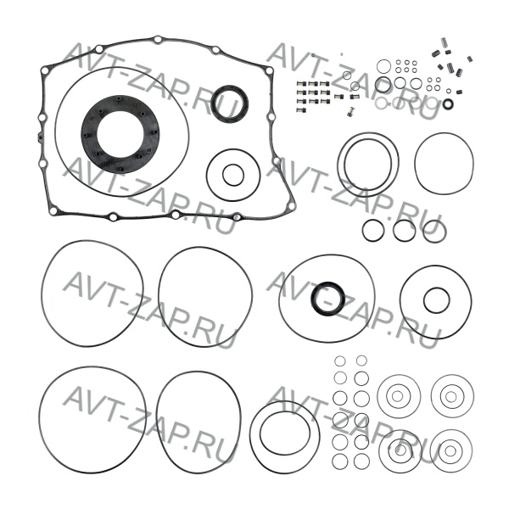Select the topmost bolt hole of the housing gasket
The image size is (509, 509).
click(x=158, y=40)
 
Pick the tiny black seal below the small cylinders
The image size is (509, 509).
click(x=449, y=103)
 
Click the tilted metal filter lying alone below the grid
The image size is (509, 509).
click(x=350, y=112)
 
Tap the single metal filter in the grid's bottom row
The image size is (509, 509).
click(x=302, y=109)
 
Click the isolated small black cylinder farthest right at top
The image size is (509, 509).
click(x=469, y=59)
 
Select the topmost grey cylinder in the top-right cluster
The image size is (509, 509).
click(x=445, y=42)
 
